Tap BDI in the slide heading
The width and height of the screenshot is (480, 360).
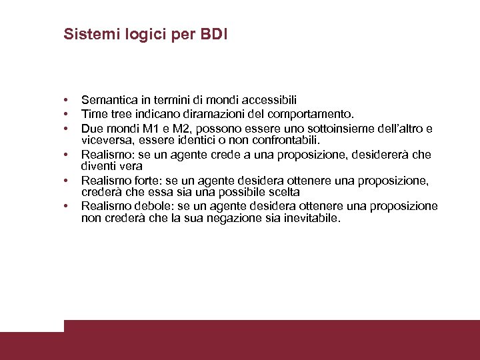pos(213,34)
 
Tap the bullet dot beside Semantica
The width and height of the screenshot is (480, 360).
pos(67,100)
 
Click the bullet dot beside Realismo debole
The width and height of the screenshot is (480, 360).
pos(67,207)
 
